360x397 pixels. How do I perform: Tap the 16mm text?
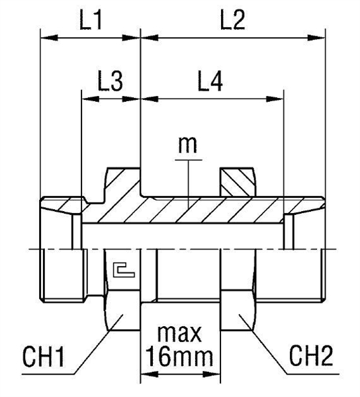(x=179, y=359)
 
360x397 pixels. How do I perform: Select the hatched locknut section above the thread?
(x=237, y=181)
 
